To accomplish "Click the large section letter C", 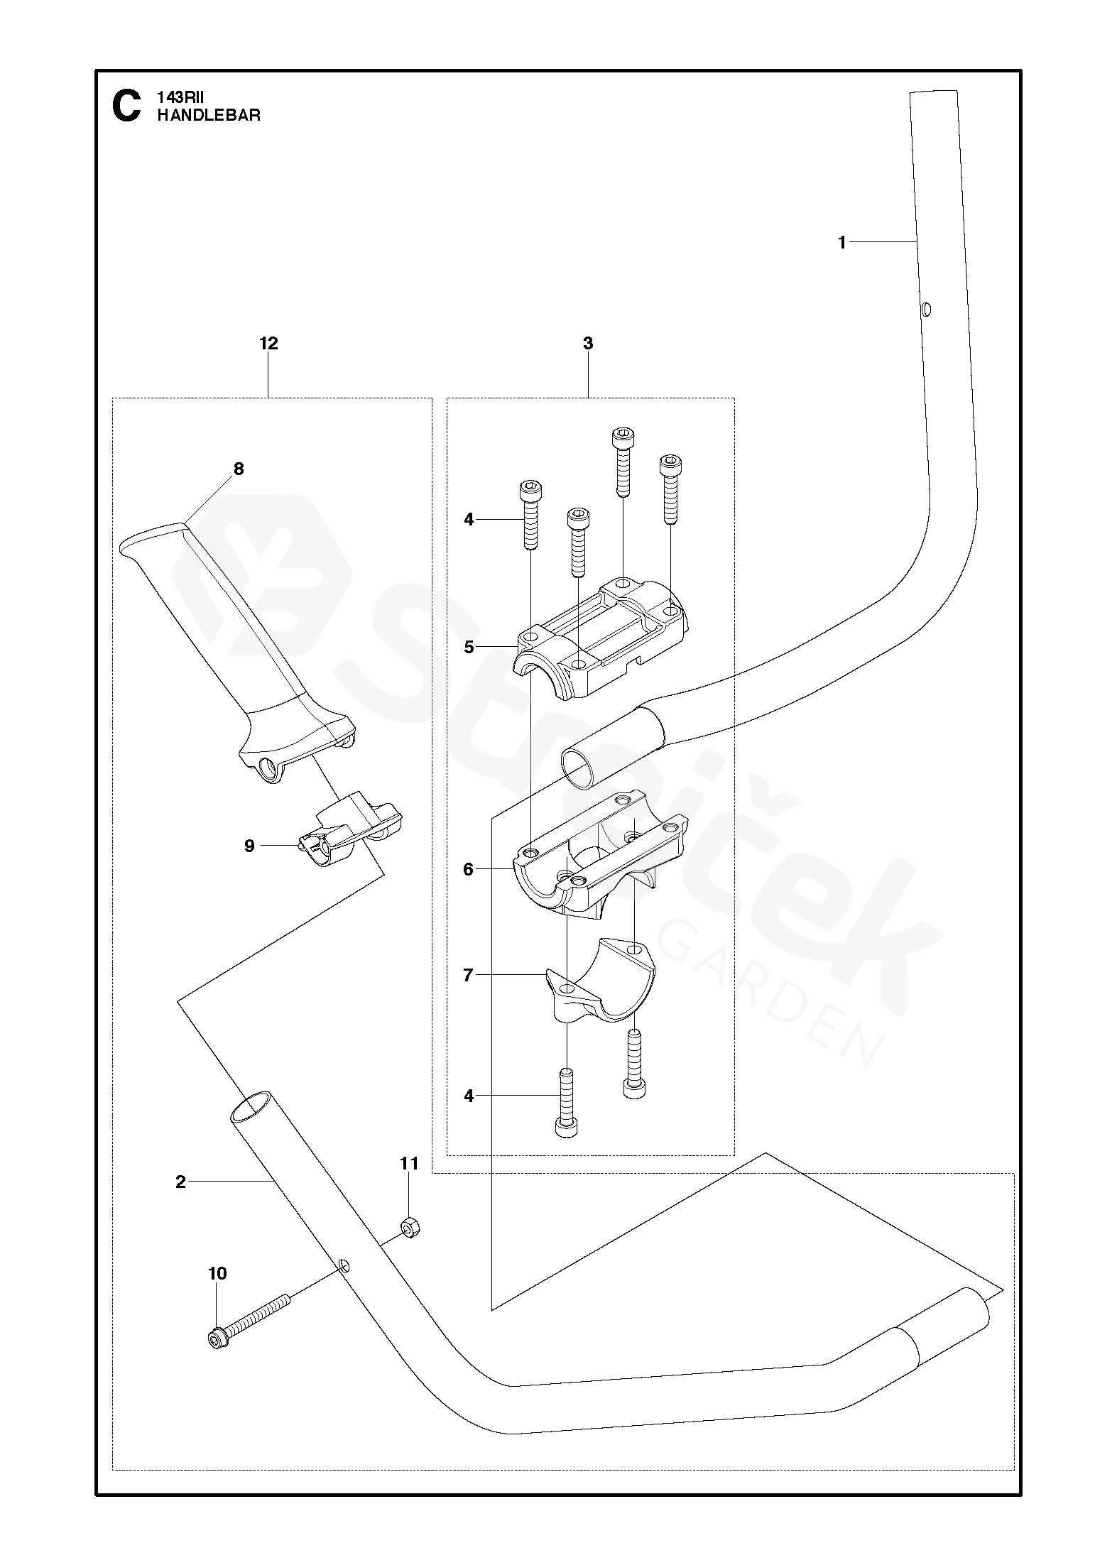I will (x=126, y=107).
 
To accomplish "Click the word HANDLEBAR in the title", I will (x=209, y=116).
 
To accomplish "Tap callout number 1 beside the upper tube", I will (x=842, y=243).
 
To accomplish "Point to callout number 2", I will (x=180, y=1182).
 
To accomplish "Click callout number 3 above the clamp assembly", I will (x=588, y=344).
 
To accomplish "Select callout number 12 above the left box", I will (x=268, y=344).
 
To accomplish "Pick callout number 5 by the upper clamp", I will (x=469, y=648).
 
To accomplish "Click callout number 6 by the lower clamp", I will (x=469, y=869).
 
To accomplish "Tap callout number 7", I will (x=469, y=976).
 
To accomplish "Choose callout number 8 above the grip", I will (x=239, y=469).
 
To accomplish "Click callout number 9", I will (x=249, y=846).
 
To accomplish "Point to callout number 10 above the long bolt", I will (x=218, y=1273).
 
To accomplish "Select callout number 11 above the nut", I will (x=410, y=1164).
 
